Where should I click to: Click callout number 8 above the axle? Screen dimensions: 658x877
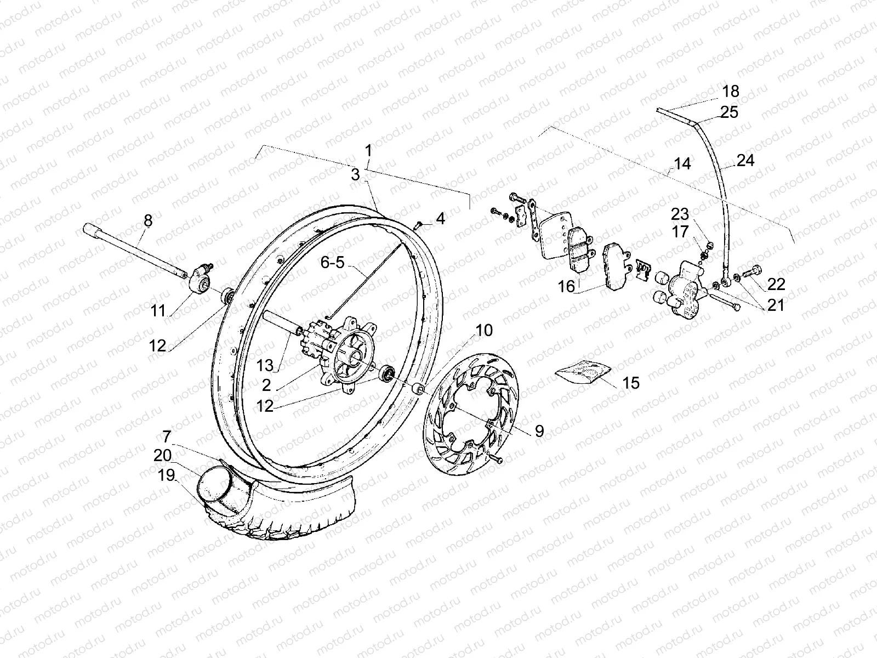148,221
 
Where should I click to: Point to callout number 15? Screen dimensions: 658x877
631,383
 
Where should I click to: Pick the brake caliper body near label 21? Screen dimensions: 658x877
685,288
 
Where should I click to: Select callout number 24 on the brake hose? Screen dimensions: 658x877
745,161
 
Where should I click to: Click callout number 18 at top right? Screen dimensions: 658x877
731,91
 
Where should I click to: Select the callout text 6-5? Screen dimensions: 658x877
333,263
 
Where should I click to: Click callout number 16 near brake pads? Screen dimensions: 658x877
567,286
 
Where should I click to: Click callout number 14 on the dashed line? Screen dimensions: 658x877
682,164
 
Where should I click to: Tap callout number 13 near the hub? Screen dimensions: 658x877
265,365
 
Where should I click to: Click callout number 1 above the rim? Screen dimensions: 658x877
368,150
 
